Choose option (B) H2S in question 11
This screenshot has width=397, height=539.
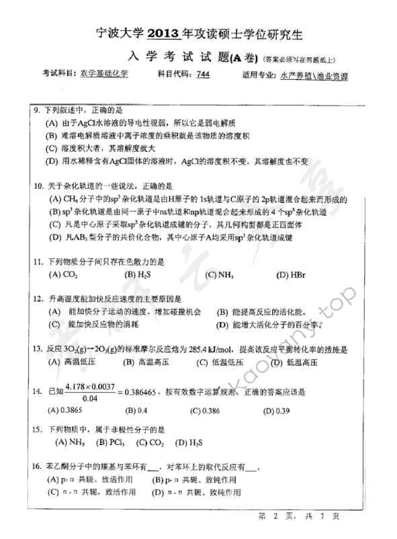tap(138, 274)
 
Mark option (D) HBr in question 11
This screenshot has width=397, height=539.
tap(290, 274)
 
